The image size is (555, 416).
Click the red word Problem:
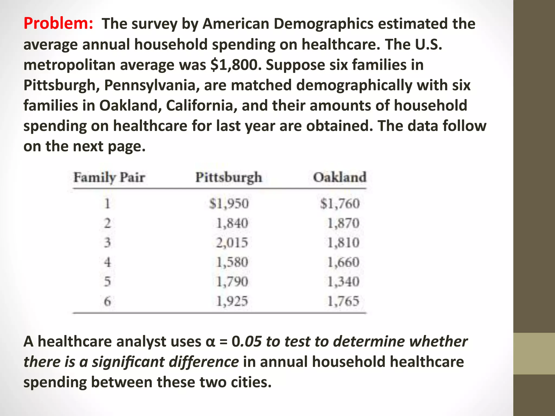(59, 24)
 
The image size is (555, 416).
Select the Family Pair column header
(109, 178)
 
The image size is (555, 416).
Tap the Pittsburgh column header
(229, 178)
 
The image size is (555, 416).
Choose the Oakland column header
(340, 177)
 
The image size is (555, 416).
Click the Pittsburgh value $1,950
(229, 204)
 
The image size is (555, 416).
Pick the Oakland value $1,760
(340, 204)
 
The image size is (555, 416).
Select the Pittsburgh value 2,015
(232, 242)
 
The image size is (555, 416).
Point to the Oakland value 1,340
(343, 282)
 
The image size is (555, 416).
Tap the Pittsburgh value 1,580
(232, 262)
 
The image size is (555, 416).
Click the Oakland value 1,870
(343, 223)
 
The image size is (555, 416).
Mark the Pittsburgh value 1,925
(232, 301)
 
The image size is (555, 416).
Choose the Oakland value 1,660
(343, 262)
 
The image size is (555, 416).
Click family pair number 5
(108, 282)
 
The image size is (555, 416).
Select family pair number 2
(108, 223)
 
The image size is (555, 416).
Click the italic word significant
(138, 362)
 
